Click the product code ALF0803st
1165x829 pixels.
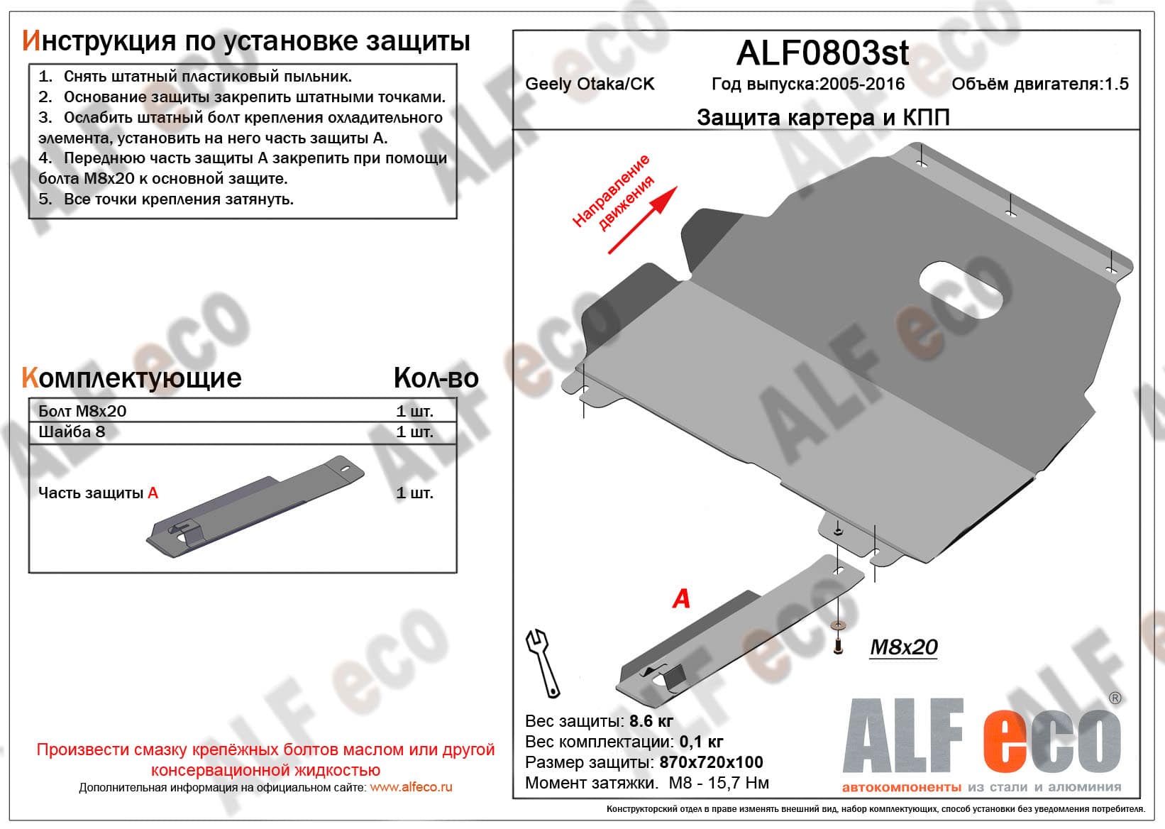pos(823,53)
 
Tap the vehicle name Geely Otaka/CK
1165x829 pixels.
pos(590,84)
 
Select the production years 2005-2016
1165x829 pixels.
pos(862,84)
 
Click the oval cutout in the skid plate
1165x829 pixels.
pos(961,290)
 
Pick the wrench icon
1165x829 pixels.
pos(543,663)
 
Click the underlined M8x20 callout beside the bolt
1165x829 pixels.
pos(904,647)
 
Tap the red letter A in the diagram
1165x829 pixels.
pos(681,598)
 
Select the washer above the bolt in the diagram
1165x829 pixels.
pos(838,625)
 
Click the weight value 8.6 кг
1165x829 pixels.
pos(651,720)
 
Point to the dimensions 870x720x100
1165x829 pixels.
pos(711,762)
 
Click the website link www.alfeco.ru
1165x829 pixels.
pos(411,787)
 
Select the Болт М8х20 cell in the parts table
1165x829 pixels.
pos(82,411)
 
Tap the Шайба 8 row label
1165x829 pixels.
pos(71,432)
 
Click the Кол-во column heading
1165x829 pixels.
pos(436,378)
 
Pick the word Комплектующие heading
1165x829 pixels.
pos(131,378)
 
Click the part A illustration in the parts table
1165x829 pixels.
pos(255,507)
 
